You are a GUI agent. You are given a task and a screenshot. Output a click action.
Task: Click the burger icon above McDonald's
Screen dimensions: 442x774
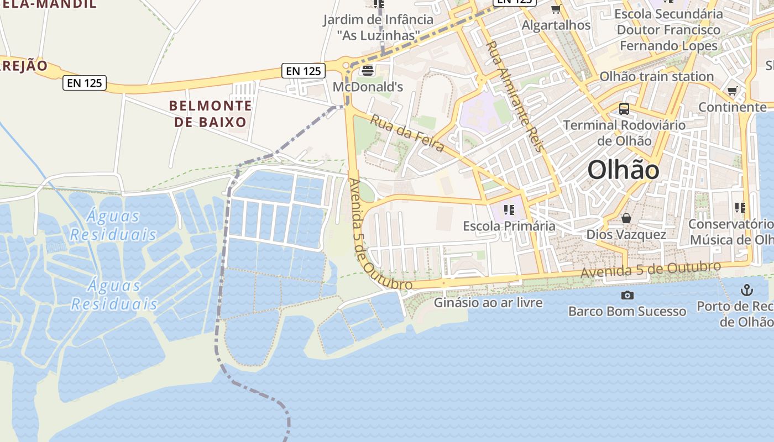[367, 70]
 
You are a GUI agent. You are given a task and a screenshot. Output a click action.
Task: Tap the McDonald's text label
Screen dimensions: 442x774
[368, 87]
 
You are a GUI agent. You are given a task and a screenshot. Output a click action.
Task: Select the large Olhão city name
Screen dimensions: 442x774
[623, 170]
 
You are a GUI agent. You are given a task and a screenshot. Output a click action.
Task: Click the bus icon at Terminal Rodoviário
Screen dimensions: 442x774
[624, 109]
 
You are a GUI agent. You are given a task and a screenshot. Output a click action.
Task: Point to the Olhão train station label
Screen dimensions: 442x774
[657, 76]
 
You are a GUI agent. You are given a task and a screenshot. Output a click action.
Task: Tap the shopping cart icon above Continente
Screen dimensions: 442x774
[733, 91]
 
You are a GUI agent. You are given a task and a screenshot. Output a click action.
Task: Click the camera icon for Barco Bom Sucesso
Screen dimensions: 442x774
[627, 295]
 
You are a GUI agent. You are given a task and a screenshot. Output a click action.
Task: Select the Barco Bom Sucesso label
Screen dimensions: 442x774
[627, 311]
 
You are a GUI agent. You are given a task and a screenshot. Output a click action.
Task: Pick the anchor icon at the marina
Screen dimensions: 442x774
[747, 290]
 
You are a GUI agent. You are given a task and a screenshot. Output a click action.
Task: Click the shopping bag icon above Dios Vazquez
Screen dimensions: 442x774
[626, 218]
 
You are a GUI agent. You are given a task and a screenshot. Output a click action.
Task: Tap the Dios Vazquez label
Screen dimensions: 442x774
[626, 234]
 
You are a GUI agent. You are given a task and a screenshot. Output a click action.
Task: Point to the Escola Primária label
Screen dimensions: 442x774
[509, 226]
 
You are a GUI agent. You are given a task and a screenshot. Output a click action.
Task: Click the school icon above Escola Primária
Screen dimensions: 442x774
[509, 210]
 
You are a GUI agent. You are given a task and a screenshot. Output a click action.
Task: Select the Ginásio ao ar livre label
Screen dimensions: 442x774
[488, 302]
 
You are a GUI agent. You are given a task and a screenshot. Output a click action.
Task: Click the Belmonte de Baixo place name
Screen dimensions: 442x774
[210, 113]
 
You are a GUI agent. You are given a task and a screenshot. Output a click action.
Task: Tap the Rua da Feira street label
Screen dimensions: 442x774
[407, 133]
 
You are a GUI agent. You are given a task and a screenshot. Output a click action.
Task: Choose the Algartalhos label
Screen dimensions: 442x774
[556, 25]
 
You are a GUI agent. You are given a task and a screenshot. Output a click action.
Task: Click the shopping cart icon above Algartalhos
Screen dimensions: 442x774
[556, 9]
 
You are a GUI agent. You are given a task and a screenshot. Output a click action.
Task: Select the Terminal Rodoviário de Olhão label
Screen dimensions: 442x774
[624, 133]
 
